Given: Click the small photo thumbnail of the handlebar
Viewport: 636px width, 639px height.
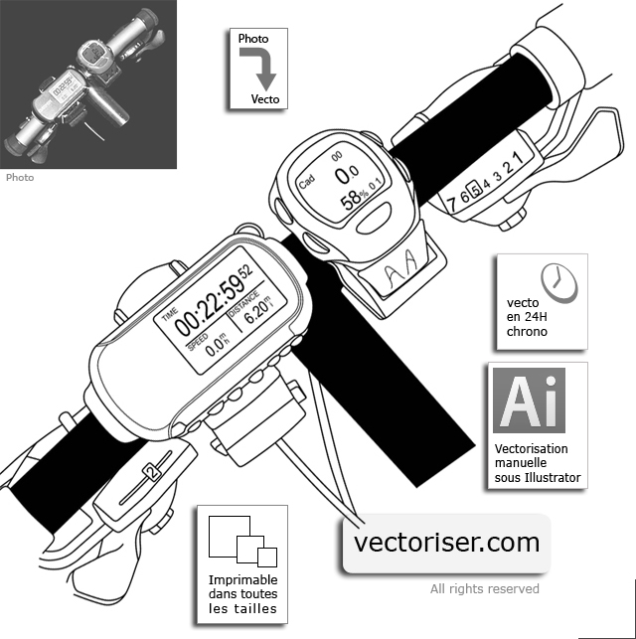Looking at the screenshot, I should (x=88, y=84).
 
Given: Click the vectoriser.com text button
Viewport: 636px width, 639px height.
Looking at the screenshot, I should (x=446, y=543).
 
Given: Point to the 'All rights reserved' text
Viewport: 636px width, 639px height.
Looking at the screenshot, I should (x=484, y=588).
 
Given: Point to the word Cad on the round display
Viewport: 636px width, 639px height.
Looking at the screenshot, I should (x=307, y=185).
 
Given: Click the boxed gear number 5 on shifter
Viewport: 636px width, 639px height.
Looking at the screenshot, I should (x=475, y=190).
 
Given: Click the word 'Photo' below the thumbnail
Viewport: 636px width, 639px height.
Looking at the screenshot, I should (x=20, y=178).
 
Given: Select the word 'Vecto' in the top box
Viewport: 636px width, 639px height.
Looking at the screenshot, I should (x=264, y=99).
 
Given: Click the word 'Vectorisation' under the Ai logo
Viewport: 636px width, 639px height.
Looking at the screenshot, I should (x=531, y=448).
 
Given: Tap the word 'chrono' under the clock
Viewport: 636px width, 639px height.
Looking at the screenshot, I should (x=527, y=331).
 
